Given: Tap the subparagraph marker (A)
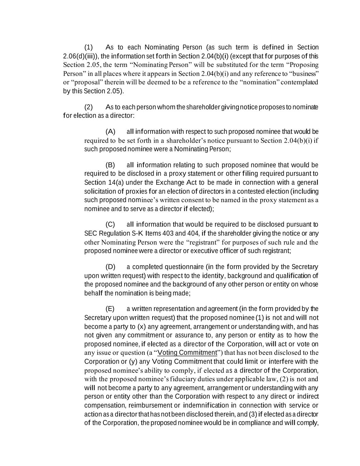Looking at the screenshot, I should coord(110,132).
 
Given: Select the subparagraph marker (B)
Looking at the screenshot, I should coord(110,165).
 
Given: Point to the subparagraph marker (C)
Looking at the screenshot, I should coord(110,224).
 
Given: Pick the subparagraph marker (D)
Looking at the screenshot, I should coord(110,267).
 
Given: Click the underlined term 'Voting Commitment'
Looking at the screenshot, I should coord(188,353).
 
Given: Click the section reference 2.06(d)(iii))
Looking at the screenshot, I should coord(81,56).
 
